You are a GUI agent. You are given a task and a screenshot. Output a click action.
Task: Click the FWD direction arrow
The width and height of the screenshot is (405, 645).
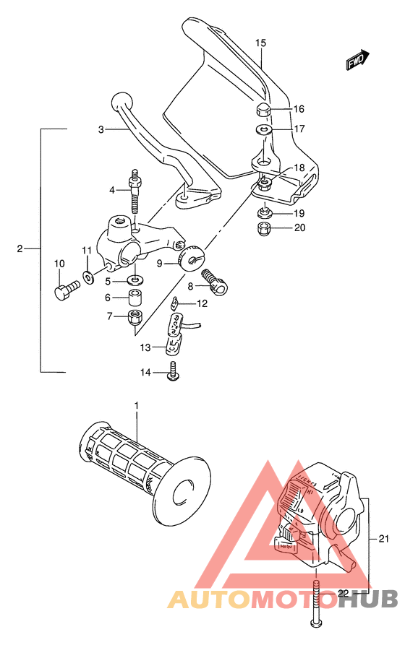pos(357,61)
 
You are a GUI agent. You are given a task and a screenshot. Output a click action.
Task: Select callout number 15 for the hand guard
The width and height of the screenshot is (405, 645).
pos(260,43)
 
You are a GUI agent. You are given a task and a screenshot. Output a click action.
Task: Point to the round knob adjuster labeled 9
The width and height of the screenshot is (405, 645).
pos(194,258)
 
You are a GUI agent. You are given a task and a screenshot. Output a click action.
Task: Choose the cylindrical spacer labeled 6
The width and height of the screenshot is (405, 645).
pos(135,298)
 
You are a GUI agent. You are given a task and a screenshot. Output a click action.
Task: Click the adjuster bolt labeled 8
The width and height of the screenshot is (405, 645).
pos(215,280)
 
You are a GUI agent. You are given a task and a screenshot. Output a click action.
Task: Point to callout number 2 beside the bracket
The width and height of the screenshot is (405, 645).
pos(20,249)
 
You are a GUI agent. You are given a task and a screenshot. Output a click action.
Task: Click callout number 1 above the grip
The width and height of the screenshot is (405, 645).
pos(135,407)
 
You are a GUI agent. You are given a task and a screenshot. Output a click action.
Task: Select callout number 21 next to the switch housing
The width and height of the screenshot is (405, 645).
pos(383,539)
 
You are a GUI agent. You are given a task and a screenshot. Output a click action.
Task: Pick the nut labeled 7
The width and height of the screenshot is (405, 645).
pos(135,316)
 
